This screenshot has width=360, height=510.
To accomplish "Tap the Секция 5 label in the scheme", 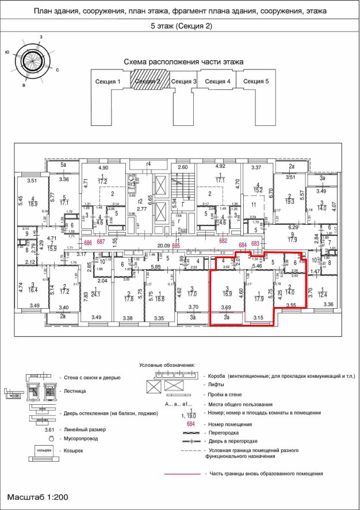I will click(x=256, y=82).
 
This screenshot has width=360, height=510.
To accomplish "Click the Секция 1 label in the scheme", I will click(x=107, y=82).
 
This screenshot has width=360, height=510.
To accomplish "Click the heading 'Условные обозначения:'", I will click(x=167, y=365).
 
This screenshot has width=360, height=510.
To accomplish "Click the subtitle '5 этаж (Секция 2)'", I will click(x=180, y=26).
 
